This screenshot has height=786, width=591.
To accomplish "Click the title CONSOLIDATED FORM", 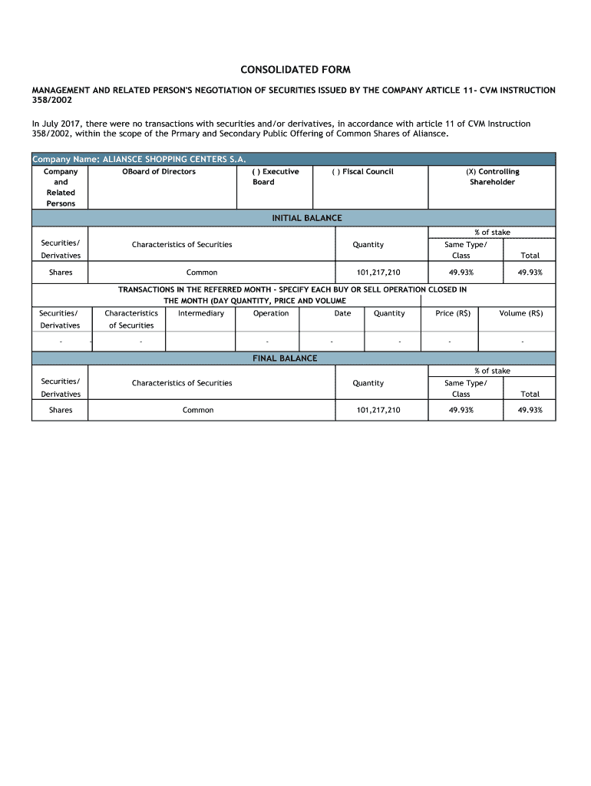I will (x=295, y=69).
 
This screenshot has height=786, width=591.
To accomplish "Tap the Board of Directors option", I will (x=159, y=171).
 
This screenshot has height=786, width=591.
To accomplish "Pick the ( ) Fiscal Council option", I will (x=362, y=171).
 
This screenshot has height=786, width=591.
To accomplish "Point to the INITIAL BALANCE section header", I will (x=307, y=218).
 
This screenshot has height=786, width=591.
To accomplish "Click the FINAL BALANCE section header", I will (x=285, y=358).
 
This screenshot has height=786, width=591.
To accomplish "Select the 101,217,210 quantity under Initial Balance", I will (x=378, y=272).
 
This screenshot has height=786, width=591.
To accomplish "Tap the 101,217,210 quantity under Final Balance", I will (x=378, y=410).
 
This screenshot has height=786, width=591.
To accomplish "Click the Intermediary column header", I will (x=201, y=313).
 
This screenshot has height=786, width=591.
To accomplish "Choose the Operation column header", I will (x=271, y=313).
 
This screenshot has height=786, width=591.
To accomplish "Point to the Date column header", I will (x=342, y=313).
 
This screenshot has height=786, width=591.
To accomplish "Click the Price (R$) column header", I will (x=453, y=313).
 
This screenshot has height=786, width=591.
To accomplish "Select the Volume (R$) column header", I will (x=521, y=313).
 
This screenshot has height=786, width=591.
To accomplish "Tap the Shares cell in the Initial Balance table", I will (x=61, y=272).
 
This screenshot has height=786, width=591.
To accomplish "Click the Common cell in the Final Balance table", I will (x=198, y=410).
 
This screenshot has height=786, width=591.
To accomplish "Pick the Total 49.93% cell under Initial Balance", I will (x=530, y=272).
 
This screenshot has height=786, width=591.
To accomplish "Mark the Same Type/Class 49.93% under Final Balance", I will (x=461, y=410).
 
